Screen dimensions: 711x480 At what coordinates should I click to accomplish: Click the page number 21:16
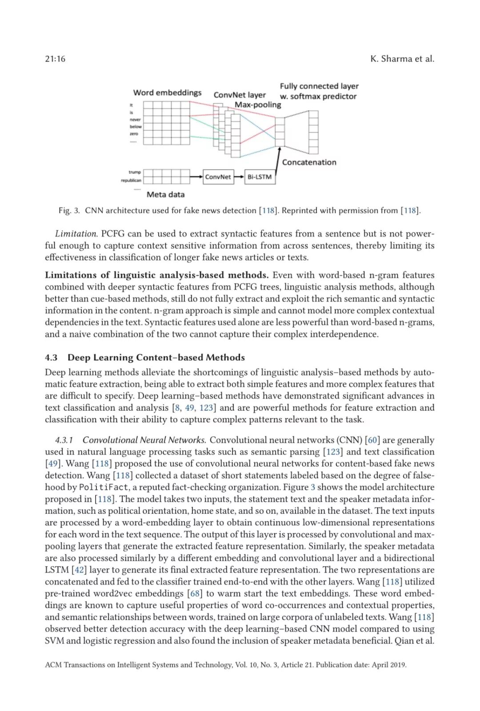coord(55,59)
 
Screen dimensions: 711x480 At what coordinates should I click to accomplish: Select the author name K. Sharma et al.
coord(402,59)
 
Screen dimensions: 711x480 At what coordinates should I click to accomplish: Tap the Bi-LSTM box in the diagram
coord(260,177)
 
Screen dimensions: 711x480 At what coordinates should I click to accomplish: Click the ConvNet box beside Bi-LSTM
coord(218,177)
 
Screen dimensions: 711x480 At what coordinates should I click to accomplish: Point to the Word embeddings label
coord(167,93)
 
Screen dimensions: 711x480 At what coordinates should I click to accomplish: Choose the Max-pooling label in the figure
coord(258,105)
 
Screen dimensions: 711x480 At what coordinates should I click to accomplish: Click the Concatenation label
coord(309,162)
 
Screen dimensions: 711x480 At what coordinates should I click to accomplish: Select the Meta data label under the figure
coord(165,194)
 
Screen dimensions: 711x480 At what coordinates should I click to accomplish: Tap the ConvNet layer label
coord(240,95)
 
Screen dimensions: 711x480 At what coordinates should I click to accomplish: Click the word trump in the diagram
coord(135,172)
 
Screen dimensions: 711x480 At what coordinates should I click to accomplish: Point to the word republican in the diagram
coord(131,180)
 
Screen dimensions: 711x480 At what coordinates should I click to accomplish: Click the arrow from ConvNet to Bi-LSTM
coord(239,177)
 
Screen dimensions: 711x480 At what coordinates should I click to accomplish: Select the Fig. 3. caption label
coord(69,211)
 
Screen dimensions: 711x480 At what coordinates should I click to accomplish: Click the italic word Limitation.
coord(76,234)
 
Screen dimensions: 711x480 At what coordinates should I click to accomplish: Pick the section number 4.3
coord(51,358)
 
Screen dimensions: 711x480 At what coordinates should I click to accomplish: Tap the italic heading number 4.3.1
coord(64,440)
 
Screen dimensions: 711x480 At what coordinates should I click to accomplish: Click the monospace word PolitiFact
coord(104,487)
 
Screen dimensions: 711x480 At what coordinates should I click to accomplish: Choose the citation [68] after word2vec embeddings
coord(195,594)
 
